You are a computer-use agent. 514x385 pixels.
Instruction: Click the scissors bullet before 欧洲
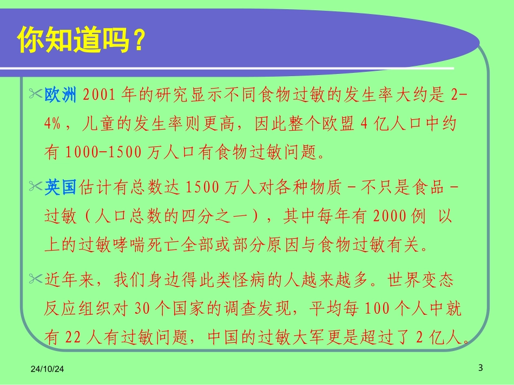[35, 95]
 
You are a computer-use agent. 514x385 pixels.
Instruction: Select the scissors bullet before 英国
[35, 187]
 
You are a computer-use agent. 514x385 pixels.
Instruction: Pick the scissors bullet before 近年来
[35, 280]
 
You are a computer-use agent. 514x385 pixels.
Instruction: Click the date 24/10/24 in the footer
[47, 369]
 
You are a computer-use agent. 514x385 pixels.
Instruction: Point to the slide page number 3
[480, 368]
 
